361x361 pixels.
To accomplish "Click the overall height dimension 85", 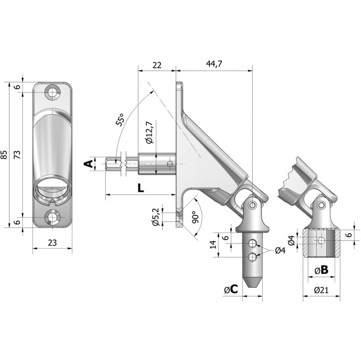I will coord(4,155).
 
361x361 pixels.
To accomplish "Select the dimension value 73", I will coord(18,155).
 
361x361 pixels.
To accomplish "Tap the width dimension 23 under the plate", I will coord(52,242).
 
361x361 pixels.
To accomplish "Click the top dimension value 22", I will coord(157,65).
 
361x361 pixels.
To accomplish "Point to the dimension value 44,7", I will coord(214,65).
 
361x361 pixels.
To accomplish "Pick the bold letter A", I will coord(89,164).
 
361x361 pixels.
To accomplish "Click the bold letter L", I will coord(141,188).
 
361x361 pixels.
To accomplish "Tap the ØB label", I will coord(321,270).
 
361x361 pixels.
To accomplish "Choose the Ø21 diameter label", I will coord(321,290).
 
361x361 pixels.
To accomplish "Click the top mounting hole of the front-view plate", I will coord(53,93).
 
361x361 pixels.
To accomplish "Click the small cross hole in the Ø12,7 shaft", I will coord(170,163).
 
